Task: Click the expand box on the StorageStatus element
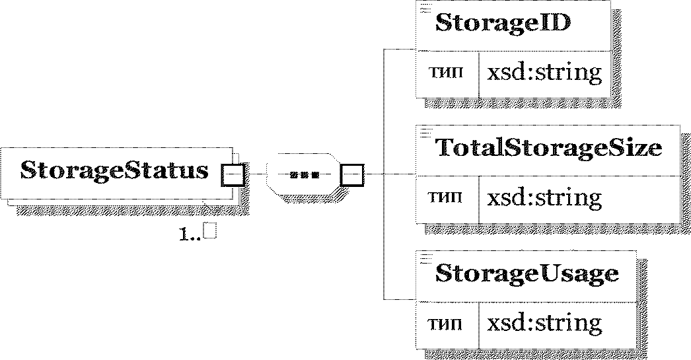click(x=233, y=175)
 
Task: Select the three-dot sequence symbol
click(x=305, y=175)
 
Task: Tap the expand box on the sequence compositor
click(x=352, y=175)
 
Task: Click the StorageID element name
click(x=503, y=23)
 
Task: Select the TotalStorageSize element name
click(x=549, y=147)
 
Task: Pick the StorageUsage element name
click(x=527, y=274)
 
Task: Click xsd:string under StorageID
click(x=544, y=73)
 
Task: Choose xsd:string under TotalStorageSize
click(x=544, y=198)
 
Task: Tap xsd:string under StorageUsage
click(x=544, y=324)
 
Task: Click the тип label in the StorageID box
click(x=445, y=73)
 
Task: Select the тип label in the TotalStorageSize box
click(x=445, y=198)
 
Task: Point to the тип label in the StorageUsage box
click(x=445, y=324)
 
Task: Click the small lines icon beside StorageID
click(x=425, y=8)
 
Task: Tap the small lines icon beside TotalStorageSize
click(x=425, y=133)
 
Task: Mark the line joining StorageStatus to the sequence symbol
click(x=256, y=174)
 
